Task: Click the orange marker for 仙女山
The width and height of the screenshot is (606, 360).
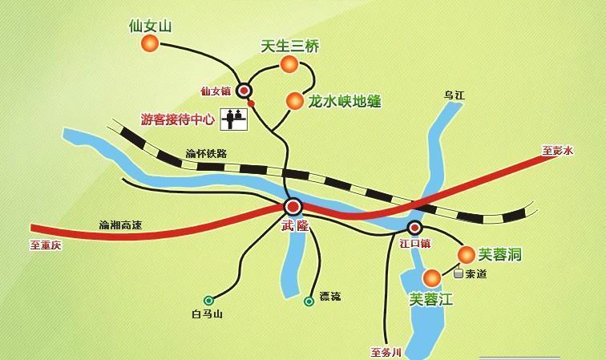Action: click(x=150, y=45)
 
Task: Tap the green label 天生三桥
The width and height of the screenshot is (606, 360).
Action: click(x=290, y=47)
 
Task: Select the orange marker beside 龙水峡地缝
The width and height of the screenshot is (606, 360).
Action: click(x=294, y=101)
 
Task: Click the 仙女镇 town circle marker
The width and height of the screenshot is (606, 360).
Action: click(x=244, y=91)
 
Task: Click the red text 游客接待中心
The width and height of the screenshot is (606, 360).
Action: click(x=177, y=119)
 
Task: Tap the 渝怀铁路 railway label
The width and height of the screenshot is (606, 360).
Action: click(x=206, y=154)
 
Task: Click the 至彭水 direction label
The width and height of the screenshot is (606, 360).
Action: click(x=558, y=151)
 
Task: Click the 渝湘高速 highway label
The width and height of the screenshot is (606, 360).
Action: click(x=120, y=225)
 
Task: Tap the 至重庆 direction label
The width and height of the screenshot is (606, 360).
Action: click(x=46, y=245)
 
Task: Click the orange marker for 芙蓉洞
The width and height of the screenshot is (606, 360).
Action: click(x=466, y=255)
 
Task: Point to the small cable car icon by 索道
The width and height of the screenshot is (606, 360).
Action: click(x=459, y=273)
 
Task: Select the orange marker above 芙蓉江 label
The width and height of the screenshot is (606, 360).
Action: click(x=432, y=278)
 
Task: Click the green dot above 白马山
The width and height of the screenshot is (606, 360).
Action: click(x=208, y=300)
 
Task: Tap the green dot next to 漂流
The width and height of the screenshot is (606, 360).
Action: click(x=309, y=301)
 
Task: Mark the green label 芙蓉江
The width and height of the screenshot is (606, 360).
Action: click(x=431, y=300)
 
